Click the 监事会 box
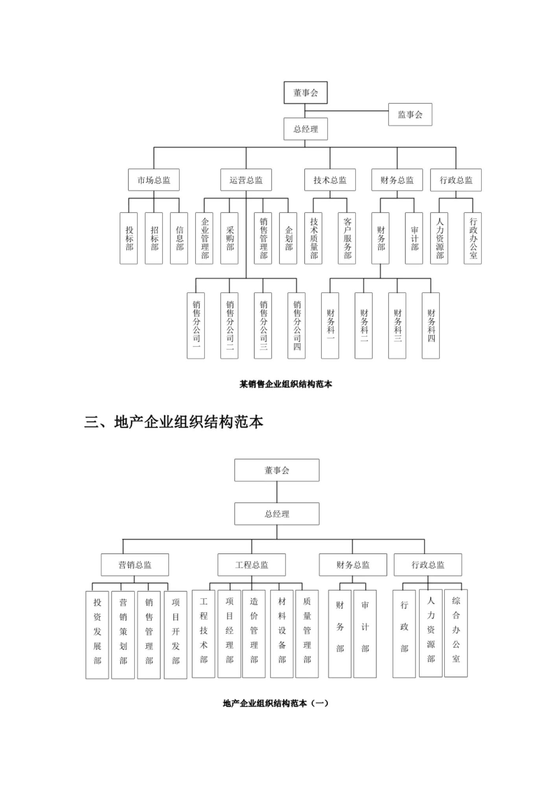[x=410, y=115]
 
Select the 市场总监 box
[x=154, y=180]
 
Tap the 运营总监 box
[x=246, y=180]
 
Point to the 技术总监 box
[x=330, y=180]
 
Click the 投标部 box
[x=129, y=238]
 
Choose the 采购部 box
[x=229, y=238]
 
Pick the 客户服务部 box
[x=347, y=238]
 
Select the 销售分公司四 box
[x=297, y=325]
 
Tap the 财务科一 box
[x=330, y=325]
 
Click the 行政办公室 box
[x=473, y=238]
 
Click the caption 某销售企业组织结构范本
[x=286, y=384]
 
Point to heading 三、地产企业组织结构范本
[x=173, y=422]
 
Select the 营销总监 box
[x=135, y=565]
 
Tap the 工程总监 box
[x=252, y=565]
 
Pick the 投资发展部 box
[x=97, y=634]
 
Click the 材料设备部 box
[x=282, y=634]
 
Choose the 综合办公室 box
[x=456, y=633]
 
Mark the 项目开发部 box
[x=175, y=634]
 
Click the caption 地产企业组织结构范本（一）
[x=275, y=703]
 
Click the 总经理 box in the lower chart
[x=277, y=514]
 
